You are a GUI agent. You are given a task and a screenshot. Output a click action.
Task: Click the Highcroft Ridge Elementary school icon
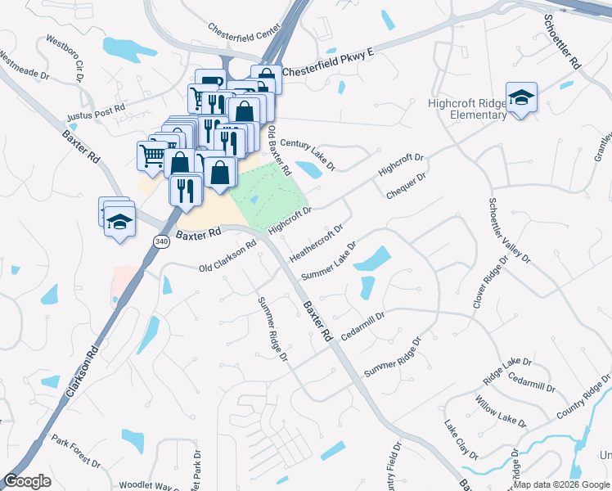tap(520, 99)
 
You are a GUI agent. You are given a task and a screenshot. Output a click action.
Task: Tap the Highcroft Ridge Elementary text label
tap(468, 109)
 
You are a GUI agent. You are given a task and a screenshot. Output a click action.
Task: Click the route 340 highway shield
tap(161, 241)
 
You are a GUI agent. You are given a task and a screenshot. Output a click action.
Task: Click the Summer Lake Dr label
tap(329, 260)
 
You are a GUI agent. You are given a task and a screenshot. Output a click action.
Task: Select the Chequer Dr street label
tap(407, 186)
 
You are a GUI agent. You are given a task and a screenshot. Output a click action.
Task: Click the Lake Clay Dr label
tap(461, 439)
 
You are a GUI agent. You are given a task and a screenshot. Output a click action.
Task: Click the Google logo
tap(27, 481)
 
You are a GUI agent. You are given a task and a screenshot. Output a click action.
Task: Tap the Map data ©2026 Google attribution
tap(562, 484)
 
